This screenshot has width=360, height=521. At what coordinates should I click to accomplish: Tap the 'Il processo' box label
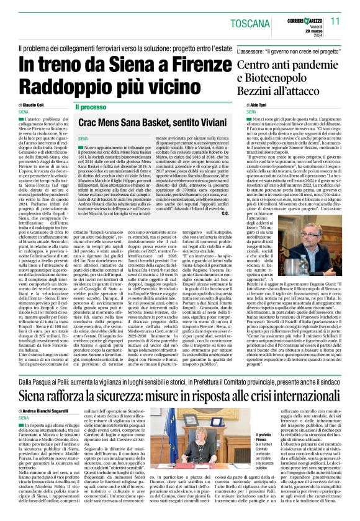pyautogui.click(x=91, y=107)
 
